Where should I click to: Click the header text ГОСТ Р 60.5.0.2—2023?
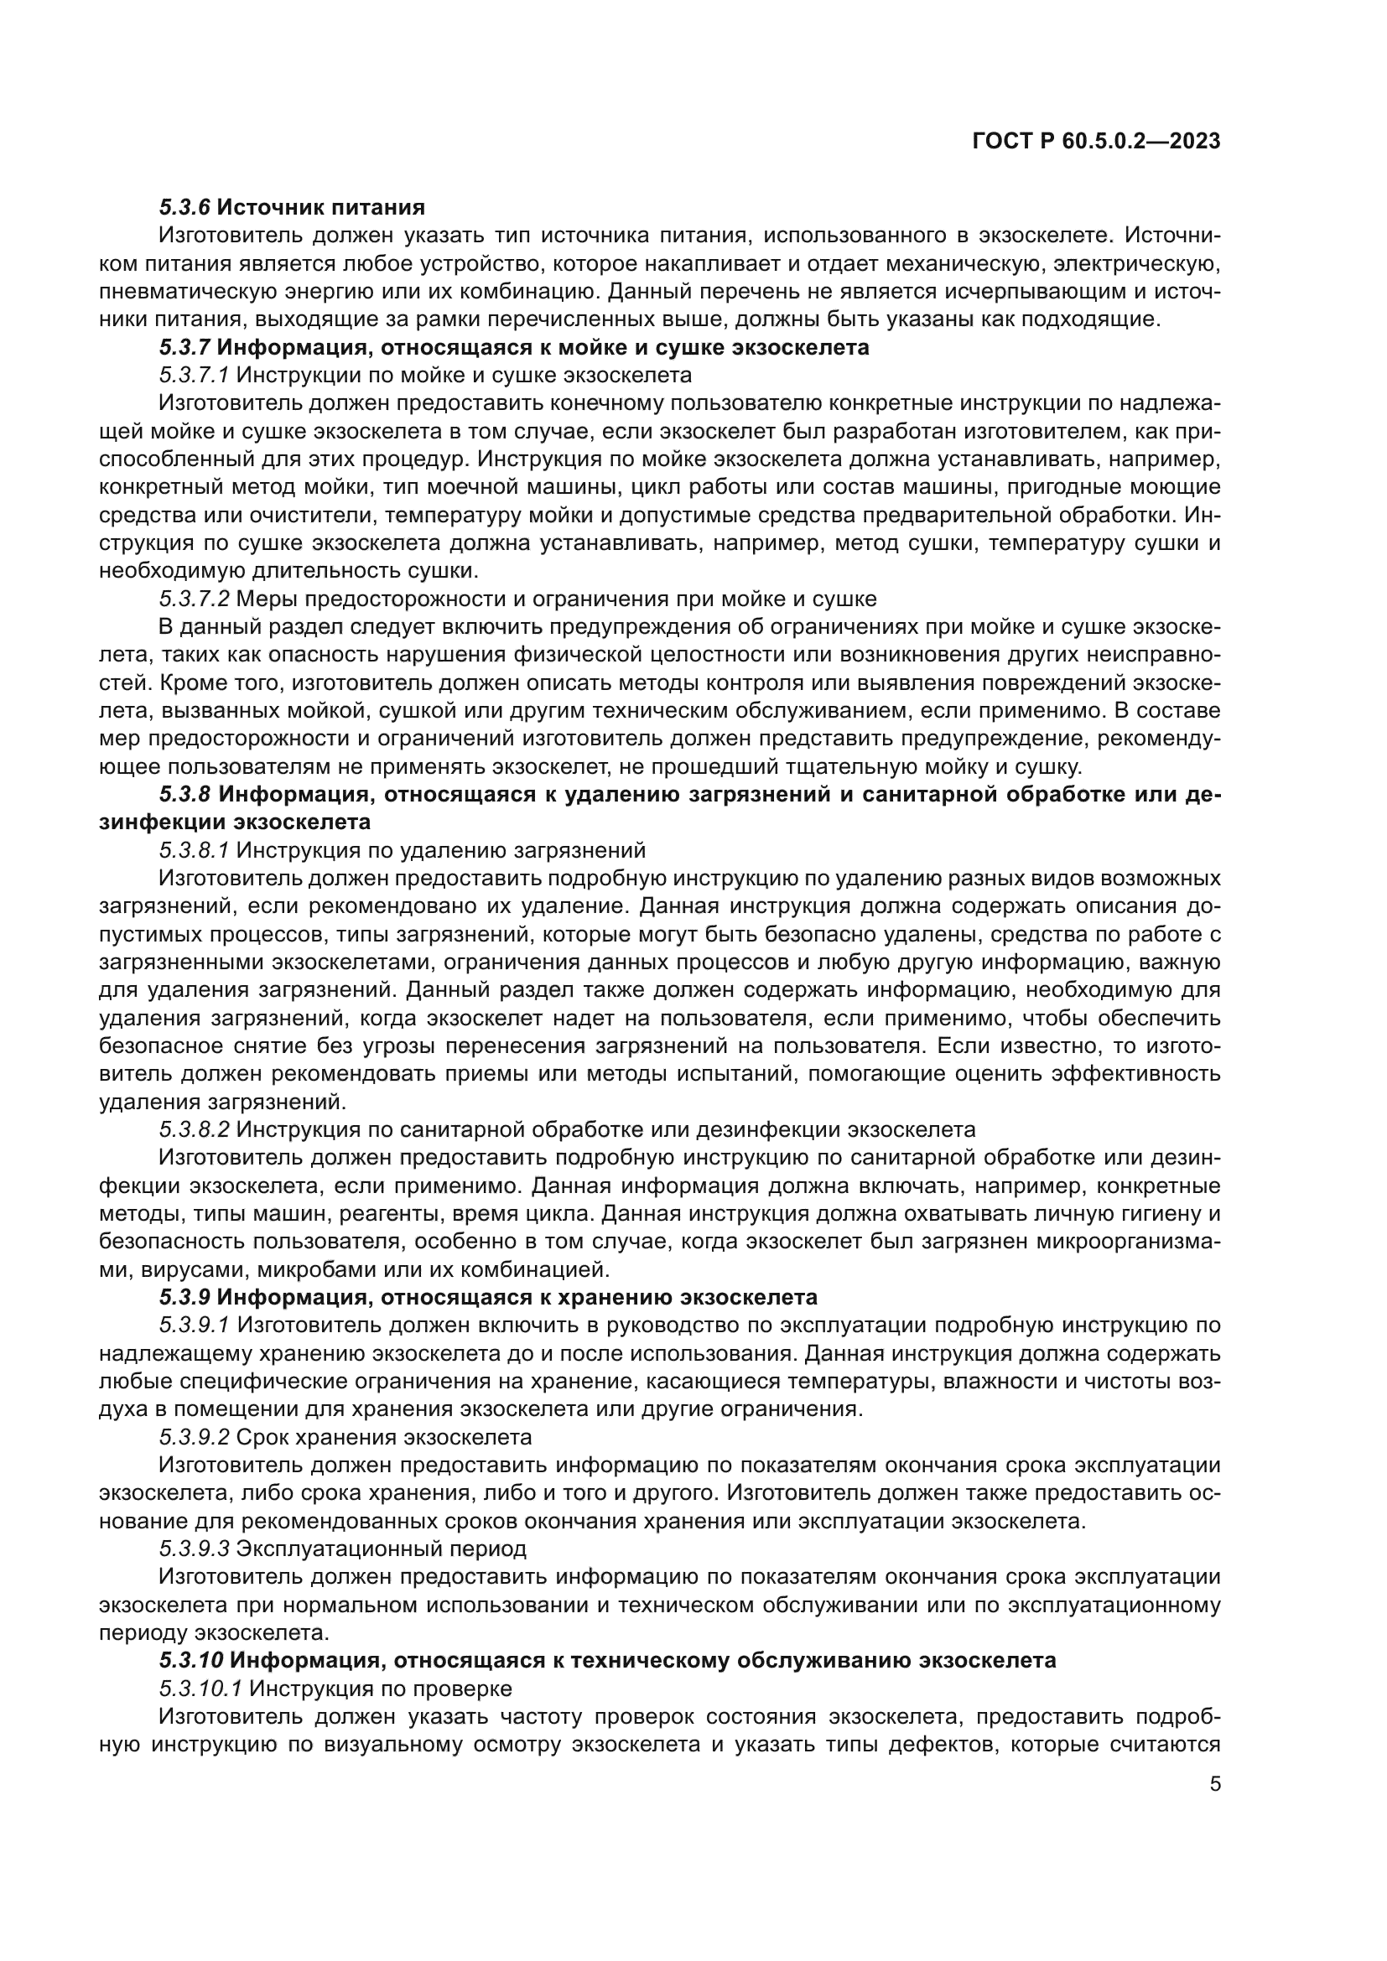pyautogui.click(x=1096, y=142)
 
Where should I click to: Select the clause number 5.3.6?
pyautogui.click(x=184, y=208)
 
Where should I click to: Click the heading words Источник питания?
pyautogui.click(x=320, y=208)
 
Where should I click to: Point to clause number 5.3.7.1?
pyautogui.click(x=193, y=375)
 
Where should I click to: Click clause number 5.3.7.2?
pyautogui.click(x=193, y=599)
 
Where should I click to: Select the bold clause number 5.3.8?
pyautogui.click(x=184, y=794)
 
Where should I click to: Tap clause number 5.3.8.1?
pyautogui.click(x=193, y=850)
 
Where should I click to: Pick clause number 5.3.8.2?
pyautogui.click(x=193, y=1129)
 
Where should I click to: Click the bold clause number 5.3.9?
pyautogui.click(x=184, y=1296)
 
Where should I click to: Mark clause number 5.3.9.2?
pyautogui.click(x=193, y=1437)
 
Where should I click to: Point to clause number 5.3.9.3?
pyautogui.click(x=193, y=1549)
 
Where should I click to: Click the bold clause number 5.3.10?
pyautogui.click(x=190, y=1659)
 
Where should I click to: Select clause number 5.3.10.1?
pyautogui.click(x=200, y=1688)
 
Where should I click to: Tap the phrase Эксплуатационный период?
pyautogui.click(x=381, y=1549)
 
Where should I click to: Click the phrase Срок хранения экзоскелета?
pyautogui.click(x=383, y=1437)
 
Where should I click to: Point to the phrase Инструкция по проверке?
pyautogui.click(x=380, y=1688)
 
